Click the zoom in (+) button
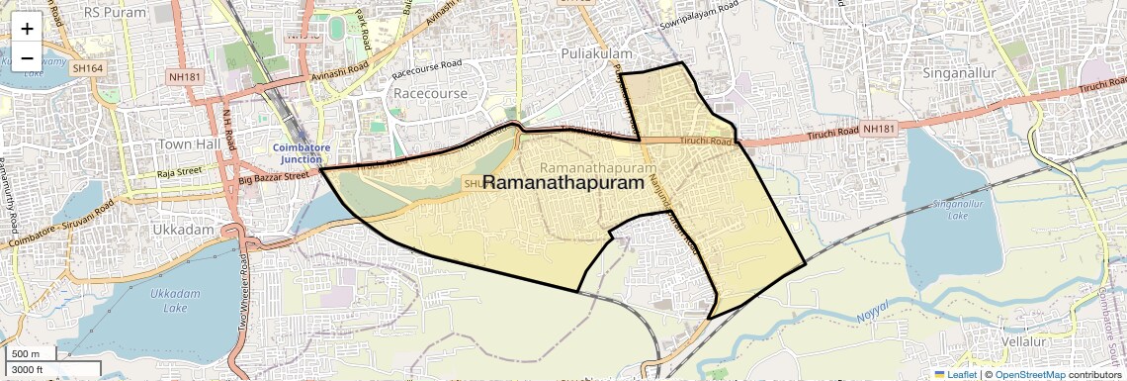point(27,29)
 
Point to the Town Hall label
point(189,144)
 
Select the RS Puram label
point(115,12)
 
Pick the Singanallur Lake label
point(950,208)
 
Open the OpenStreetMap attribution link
point(1030,375)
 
